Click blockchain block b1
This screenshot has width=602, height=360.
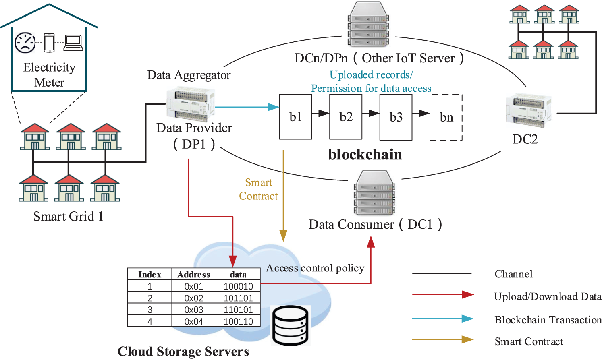point(295,117)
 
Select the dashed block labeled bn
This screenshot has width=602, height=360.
point(446,117)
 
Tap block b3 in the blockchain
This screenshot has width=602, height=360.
point(396,117)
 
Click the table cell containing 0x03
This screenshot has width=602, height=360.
point(194,310)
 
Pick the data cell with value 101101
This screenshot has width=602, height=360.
point(238,298)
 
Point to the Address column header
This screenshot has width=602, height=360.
point(194,275)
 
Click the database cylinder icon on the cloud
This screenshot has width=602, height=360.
point(291,325)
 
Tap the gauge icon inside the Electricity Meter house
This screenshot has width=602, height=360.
point(25,43)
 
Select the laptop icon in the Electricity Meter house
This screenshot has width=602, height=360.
point(74,43)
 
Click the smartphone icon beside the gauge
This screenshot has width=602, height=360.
point(49,43)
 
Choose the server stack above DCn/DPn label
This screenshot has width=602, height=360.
point(368,25)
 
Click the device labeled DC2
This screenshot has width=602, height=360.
point(529,110)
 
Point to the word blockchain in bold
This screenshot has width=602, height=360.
point(365,155)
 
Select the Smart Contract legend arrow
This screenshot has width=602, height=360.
point(442,339)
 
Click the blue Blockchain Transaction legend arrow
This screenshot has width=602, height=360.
point(442,319)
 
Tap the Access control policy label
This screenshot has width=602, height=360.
point(315,268)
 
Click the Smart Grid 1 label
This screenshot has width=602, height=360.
point(68,217)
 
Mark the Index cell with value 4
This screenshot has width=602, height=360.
point(150,321)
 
